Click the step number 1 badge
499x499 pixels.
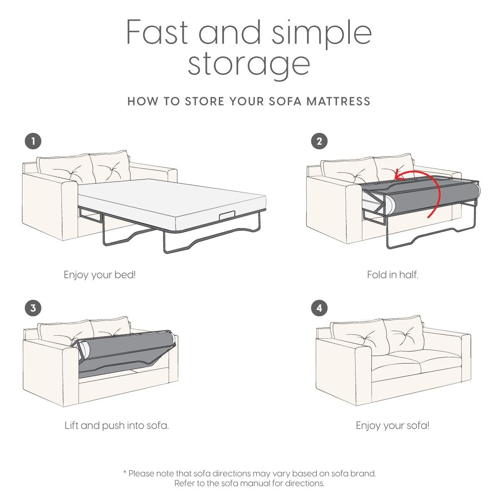[33, 141]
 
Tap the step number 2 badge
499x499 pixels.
[319, 141]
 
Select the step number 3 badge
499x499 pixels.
[33, 308]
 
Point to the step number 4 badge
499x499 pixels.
[319, 308]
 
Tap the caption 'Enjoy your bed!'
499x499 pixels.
[100, 275]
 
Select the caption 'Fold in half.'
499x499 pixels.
[393, 275]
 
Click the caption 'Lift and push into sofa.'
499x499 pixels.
[117, 425]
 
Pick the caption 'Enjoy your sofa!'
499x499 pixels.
[393, 425]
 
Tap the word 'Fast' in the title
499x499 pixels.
[157, 32]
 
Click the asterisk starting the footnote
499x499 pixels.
[125, 472]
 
